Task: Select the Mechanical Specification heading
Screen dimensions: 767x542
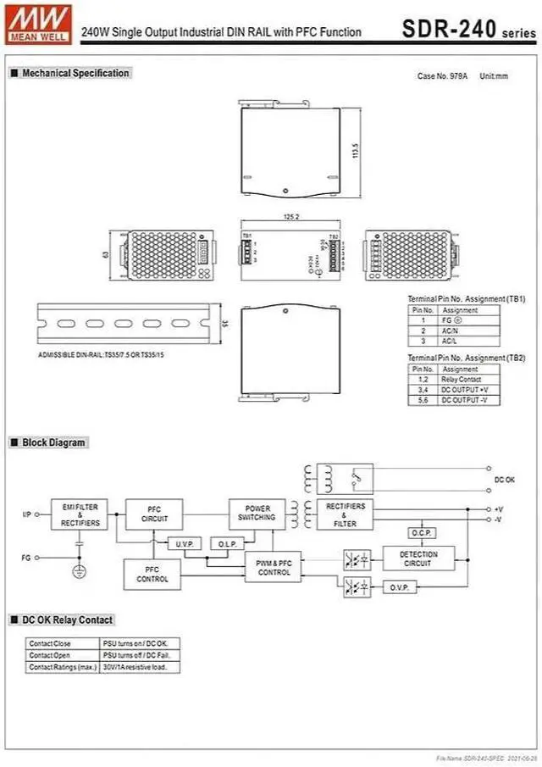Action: [x=75, y=73]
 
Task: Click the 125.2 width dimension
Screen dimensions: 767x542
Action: [x=291, y=218]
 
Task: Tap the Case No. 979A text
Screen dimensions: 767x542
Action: [x=441, y=76]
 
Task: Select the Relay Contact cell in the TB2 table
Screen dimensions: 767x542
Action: [x=460, y=380]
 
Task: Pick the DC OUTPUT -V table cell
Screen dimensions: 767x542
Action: [x=465, y=399]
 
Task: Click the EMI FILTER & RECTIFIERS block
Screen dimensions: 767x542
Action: [x=80, y=515]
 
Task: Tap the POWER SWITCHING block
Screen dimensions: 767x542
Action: [x=256, y=514]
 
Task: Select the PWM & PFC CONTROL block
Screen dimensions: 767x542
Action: [x=273, y=567]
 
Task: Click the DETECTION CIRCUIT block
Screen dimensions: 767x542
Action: [x=417, y=559]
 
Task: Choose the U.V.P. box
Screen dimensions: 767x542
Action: [x=184, y=543]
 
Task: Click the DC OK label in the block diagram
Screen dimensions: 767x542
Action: [x=505, y=480]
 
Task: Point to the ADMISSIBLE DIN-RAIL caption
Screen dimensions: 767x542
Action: [x=102, y=354]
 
